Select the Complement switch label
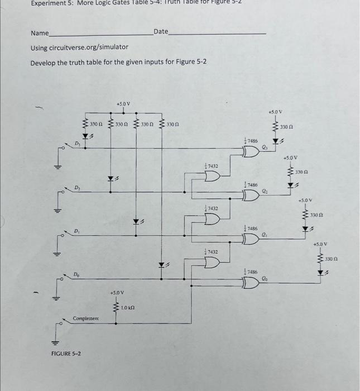86,318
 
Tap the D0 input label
76,274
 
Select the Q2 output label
265,191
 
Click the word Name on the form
40,34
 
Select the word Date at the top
160,31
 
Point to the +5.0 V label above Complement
118,292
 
